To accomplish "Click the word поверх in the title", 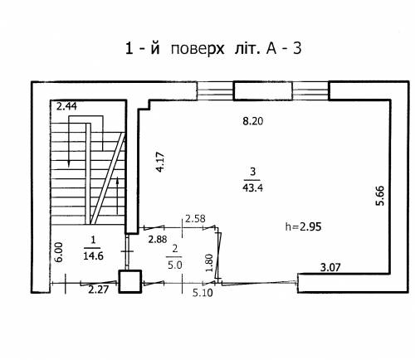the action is click(198, 49).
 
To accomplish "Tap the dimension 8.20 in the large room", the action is click(253, 121).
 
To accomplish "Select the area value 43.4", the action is click(253, 188).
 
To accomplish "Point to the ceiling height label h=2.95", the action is click(303, 227).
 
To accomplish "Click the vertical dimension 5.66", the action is click(380, 196).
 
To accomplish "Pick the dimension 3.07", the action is click(330, 267).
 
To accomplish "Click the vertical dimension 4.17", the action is click(160, 162).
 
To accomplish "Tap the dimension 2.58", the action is click(195, 219).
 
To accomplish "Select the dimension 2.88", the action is click(158, 239).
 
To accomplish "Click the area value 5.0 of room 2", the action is click(175, 265).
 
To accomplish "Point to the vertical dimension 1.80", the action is click(210, 263).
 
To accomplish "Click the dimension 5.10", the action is click(203, 293).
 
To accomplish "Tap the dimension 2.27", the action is click(99, 289).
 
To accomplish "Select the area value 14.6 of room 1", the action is click(93, 256).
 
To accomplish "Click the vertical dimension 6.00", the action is click(59, 252).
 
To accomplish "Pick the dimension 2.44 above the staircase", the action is click(66, 106).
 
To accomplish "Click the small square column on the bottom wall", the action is click(130, 281).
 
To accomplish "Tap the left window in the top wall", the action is click(215, 91).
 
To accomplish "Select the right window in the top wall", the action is click(310, 90).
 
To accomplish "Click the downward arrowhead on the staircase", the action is click(69, 163).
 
